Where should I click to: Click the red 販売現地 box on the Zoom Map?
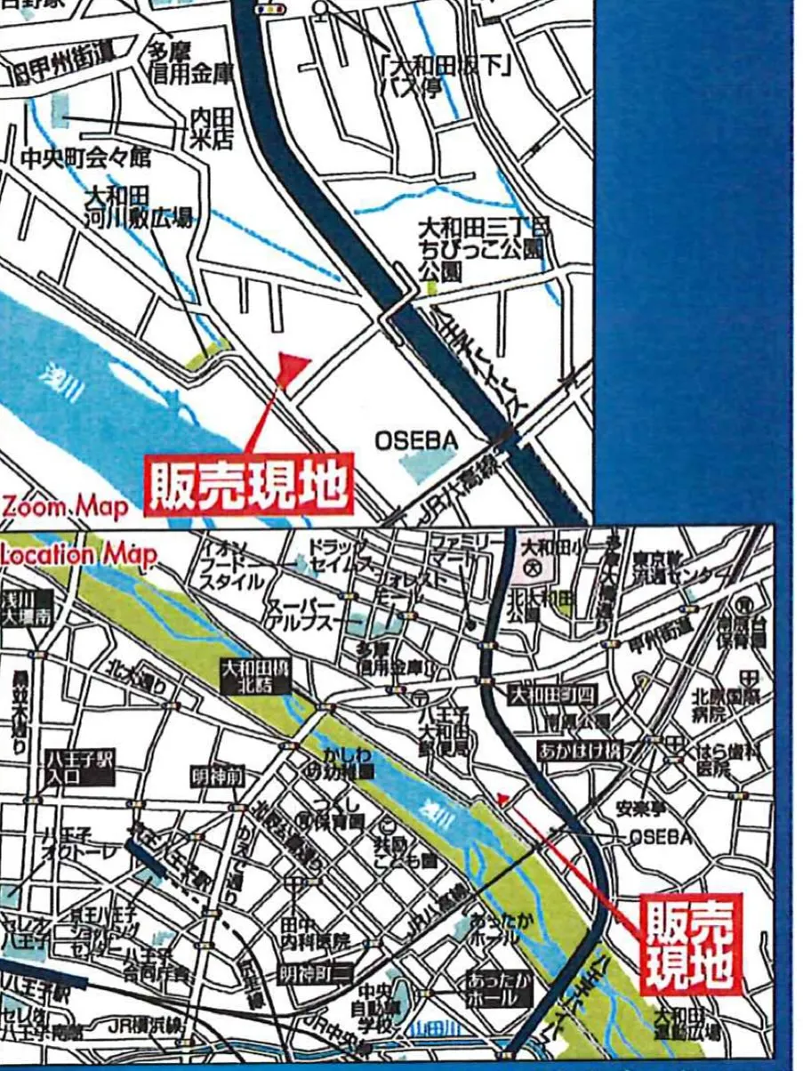(x=249, y=486)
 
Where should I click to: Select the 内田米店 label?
(x=211, y=129)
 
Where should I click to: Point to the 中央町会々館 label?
(x=85, y=159)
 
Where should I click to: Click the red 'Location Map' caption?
(x=78, y=554)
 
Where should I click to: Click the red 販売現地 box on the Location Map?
(x=690, y=944)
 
